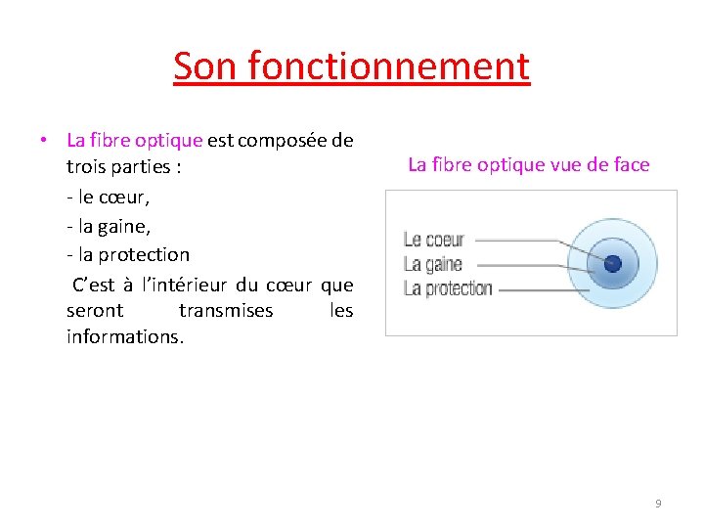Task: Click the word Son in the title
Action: [205, 66]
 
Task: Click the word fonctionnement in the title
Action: [388, 66]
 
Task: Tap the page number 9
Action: [658, 504]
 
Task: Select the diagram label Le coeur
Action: [433, 240]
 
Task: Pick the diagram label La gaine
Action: [432, 264]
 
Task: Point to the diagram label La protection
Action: [447, 288]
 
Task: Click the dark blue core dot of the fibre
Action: [613, 263]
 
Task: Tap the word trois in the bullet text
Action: [90, 167]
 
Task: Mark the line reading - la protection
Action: [128, 254]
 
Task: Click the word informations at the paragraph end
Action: [124, 338]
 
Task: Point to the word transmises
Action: [226, 311]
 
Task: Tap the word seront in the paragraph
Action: [95, 311]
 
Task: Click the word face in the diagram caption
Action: [630, 164]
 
